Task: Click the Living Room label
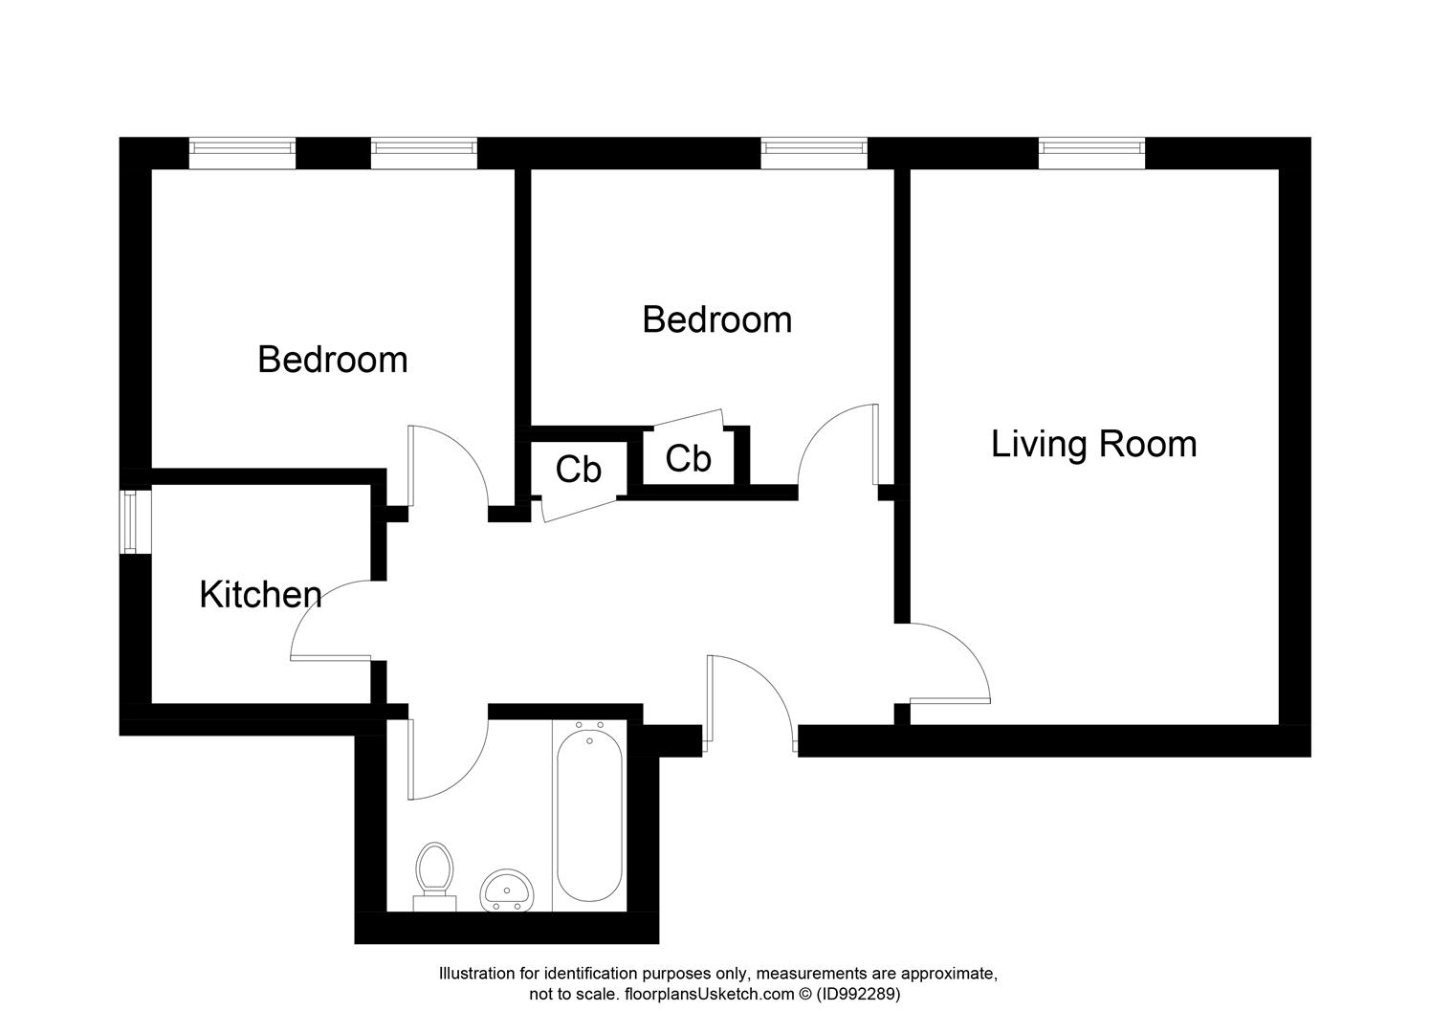pos(1093,445)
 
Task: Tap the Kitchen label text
pos(260,595)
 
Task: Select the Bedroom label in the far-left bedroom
pos(333,360)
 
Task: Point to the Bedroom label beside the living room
pos(716,319)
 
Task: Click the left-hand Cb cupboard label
pos(579,470)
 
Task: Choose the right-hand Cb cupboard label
pos(688,459)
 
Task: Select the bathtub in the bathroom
pos(589,813)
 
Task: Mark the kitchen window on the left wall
pos(129,521)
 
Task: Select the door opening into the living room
pos(947,665)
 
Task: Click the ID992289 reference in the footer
pos(858,994)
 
